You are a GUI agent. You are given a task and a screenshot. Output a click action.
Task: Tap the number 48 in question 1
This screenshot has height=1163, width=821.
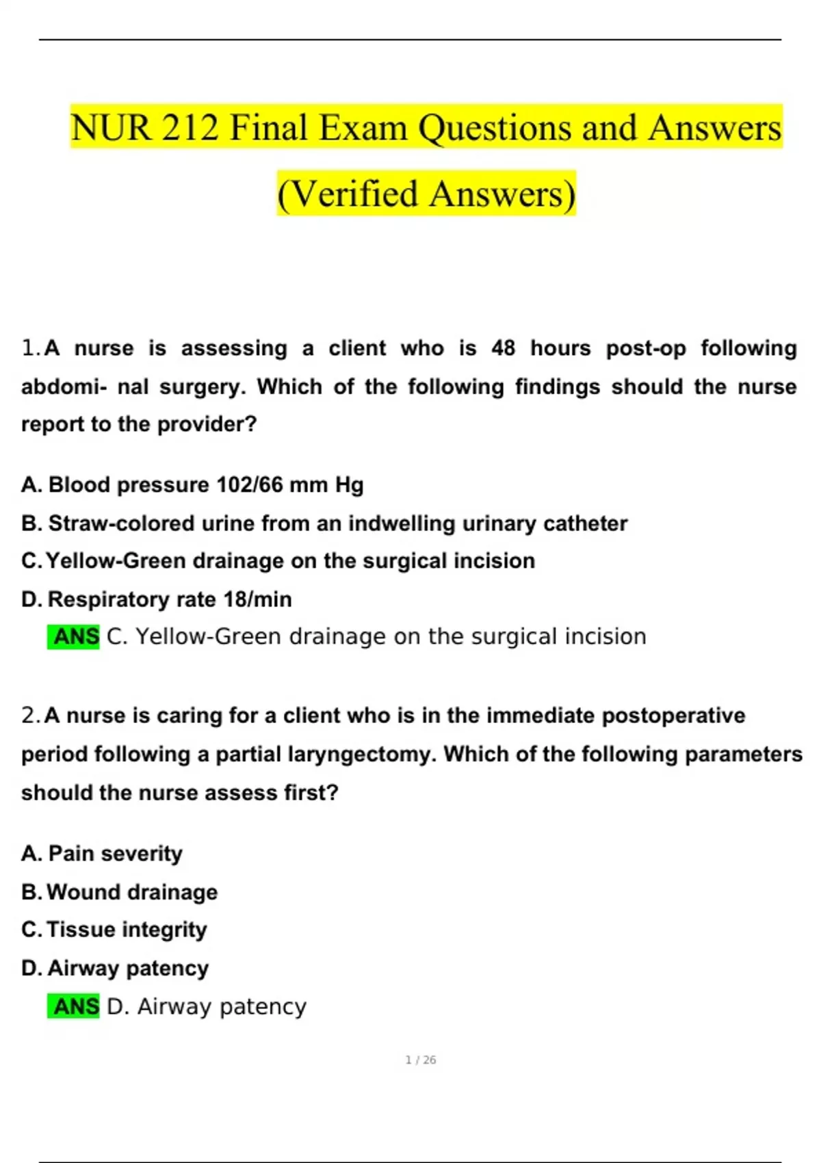(503, 348)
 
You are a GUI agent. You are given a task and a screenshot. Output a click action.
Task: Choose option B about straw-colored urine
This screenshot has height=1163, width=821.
(324, 523)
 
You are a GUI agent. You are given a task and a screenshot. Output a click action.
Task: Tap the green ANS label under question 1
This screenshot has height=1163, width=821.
(74, 637)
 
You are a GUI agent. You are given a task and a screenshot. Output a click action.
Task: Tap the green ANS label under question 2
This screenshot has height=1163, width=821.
(74, 1007)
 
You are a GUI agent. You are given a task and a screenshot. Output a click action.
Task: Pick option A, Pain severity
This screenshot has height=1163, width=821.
(103, 854)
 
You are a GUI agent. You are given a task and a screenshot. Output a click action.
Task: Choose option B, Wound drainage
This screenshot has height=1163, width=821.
(120, 892)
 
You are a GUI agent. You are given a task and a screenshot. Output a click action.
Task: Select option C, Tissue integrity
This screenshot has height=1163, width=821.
(114, 930)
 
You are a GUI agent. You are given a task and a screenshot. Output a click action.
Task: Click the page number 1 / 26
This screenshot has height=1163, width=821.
(421, 1060)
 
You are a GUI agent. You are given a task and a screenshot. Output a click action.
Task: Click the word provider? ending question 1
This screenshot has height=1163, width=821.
(207, 424)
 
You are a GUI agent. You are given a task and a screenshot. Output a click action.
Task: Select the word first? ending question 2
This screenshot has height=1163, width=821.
(311, 793)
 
